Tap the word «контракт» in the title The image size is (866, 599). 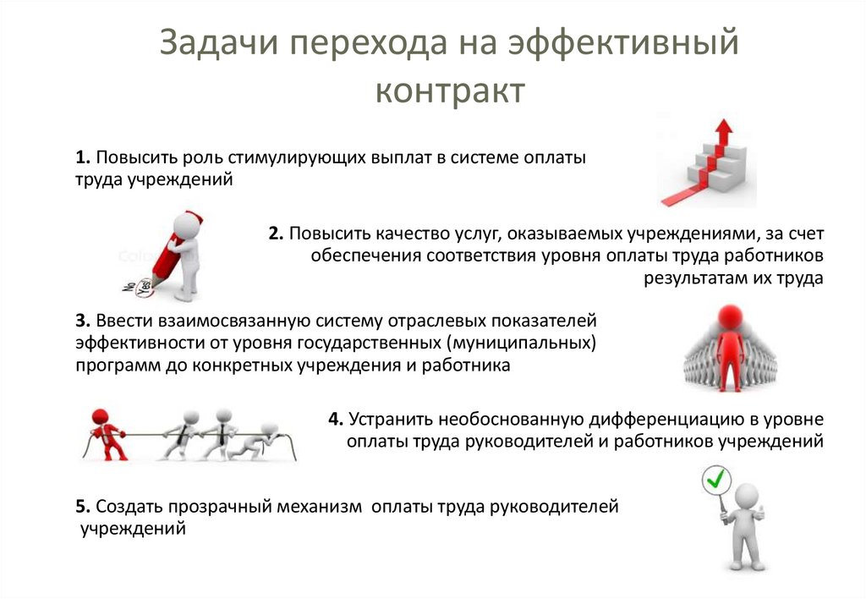451,91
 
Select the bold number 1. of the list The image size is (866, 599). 82,158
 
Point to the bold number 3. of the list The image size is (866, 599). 82,321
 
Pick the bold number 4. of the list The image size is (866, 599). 336,419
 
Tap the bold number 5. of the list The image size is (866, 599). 82,507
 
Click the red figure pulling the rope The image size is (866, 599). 106,432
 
